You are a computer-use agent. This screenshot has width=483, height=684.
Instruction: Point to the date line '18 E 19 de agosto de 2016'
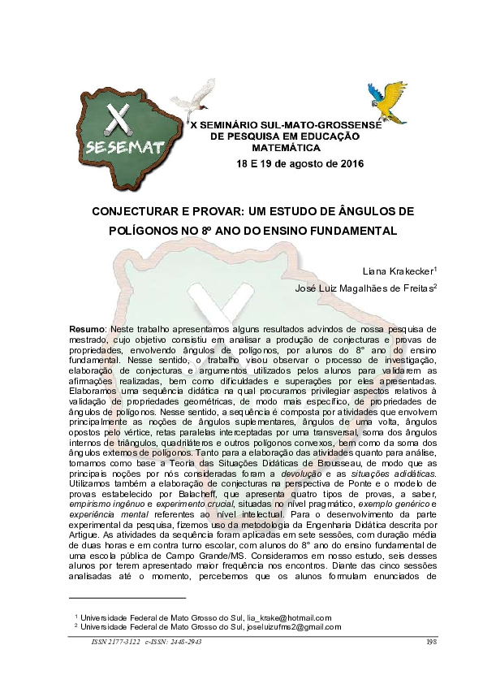point(300,163)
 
